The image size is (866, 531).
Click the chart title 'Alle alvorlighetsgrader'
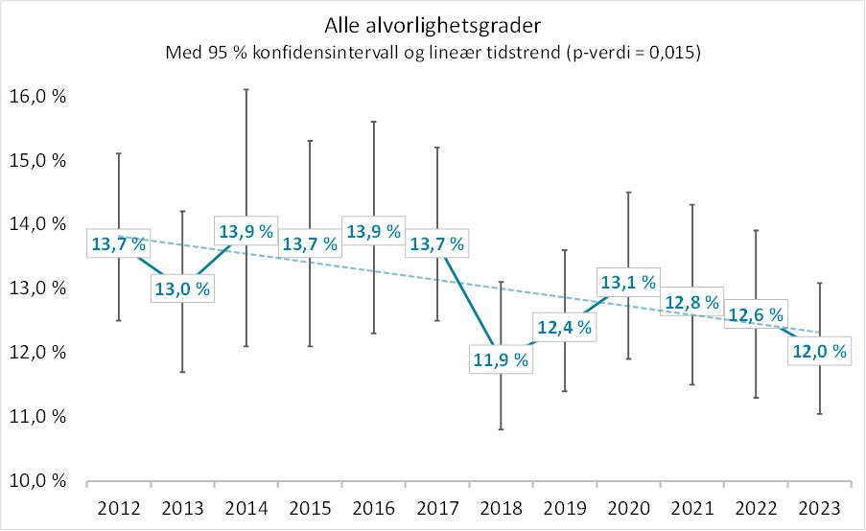(433, 24)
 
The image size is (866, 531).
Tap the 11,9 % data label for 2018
(501, 361)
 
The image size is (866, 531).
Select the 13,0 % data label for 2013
(182, 289)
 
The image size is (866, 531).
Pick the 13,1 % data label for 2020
(628, 282)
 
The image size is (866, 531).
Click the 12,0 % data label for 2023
(819, 352)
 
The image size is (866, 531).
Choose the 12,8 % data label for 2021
(691, 302)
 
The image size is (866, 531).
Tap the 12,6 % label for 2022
(755, 314)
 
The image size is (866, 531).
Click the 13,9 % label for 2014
(246, 231)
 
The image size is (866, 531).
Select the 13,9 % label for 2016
(373, 231)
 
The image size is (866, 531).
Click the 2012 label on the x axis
(119, 508)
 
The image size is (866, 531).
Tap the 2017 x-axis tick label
(436, 508)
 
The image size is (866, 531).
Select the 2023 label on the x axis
(818, 508)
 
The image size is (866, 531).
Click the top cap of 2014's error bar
(246, 89)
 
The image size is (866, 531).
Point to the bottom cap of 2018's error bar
(501, 429)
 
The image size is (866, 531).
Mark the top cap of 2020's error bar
(628, 193)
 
